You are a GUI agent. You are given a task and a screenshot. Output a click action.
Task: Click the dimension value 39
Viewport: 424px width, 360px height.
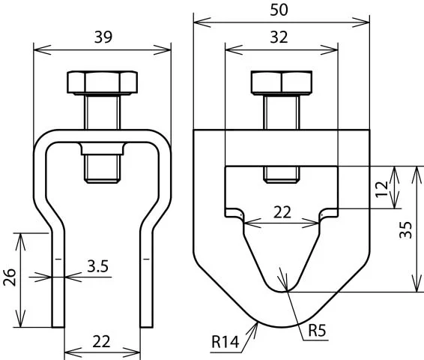[x=103, y=37]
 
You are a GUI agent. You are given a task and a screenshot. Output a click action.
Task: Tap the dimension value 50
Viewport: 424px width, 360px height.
[x=279, y=10]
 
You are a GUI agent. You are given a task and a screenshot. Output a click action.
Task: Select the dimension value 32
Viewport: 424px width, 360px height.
[x=279, y=37]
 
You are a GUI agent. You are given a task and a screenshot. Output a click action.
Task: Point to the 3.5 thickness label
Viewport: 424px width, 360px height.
[x=97, y=266]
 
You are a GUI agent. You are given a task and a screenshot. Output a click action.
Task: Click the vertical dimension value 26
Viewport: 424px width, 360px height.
[x=10, y=277]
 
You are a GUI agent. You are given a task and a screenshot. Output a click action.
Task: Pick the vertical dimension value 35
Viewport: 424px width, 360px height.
[x=406, y=229]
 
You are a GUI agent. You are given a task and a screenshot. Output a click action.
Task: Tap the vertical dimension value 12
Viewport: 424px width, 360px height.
[x=382, y=189]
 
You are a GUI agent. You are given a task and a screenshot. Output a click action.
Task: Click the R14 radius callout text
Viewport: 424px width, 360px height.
[x=225, y=341]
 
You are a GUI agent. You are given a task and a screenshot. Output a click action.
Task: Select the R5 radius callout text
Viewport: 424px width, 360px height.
[x=317, y=330]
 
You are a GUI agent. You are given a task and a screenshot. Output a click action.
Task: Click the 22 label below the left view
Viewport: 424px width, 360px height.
[x=101, y=341]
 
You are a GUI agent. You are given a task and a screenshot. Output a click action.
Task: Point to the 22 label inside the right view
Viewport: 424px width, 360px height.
[x=282, y=212]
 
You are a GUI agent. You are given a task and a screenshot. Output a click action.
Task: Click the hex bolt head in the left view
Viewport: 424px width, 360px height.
[x=102, y=82]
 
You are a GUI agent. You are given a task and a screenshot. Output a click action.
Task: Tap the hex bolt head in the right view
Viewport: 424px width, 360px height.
[x=282, y=82]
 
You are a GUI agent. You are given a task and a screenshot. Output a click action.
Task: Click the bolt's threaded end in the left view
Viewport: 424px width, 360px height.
[x=102, y=169]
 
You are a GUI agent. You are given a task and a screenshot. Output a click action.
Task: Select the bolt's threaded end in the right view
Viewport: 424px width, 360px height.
[x=282, y=175]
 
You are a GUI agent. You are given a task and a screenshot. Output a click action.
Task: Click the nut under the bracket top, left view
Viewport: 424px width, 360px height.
[x=102, y=148]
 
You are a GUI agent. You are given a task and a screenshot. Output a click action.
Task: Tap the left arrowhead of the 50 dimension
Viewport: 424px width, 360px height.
[x=202, y=22]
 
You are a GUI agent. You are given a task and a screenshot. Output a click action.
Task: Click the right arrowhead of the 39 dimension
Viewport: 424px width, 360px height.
[x=163, y=49]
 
